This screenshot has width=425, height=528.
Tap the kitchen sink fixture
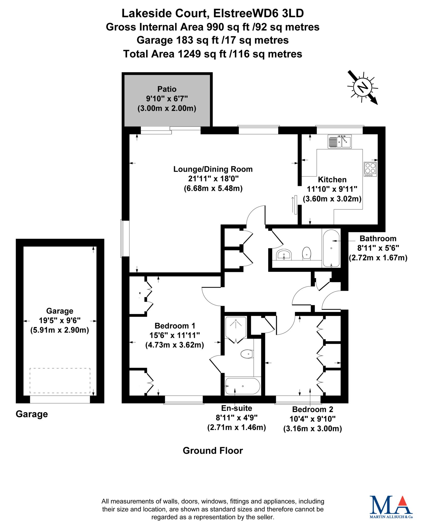[340, 142]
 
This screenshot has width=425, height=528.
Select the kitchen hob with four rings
[370, 169]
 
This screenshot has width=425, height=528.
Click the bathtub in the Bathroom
[331, 249]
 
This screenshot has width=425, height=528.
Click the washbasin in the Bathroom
[284, 255]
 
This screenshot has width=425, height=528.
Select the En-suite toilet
[247, 354]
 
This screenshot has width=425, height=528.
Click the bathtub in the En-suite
[242, 386]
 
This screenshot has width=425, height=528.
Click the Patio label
[167, 89]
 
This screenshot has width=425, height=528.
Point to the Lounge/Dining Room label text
[213, 169]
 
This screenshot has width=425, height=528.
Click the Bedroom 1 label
[175, 326]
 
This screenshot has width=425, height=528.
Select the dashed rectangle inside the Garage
[60, 381]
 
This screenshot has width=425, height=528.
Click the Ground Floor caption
[213, 451]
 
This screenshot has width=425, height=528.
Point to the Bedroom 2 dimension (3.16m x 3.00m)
[313, 429]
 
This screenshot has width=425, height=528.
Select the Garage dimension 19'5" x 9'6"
[60, 320]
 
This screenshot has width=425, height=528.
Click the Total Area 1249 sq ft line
[213, 54]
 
